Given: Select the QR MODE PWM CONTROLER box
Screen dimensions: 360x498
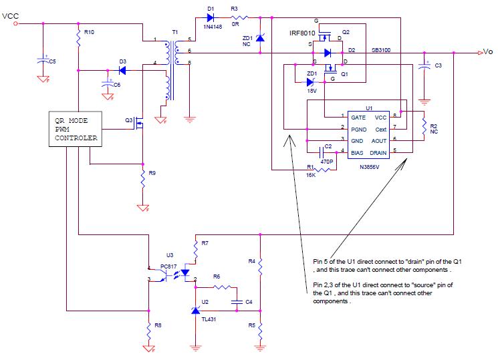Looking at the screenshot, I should point(75,130).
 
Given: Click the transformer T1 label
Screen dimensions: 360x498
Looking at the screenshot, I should point(175,33).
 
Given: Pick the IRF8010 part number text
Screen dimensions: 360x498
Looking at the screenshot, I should point(301,33).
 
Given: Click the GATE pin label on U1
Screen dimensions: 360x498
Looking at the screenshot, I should point(357,116).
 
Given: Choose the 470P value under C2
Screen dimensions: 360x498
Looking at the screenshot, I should point(326,161).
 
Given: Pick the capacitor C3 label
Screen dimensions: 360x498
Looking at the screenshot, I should point(438,65).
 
